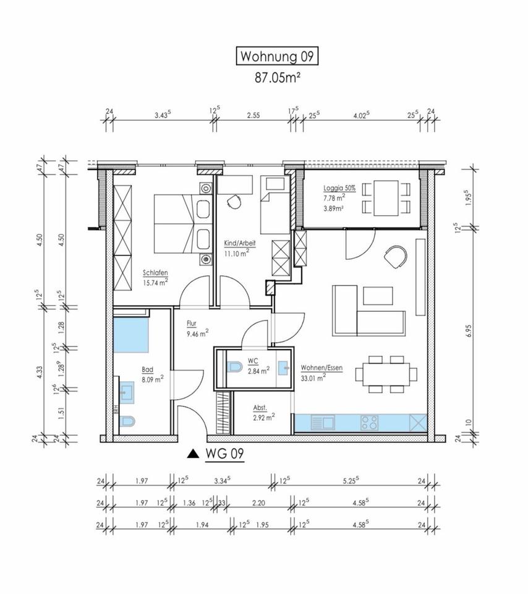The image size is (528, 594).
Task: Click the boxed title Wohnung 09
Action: (277, 56)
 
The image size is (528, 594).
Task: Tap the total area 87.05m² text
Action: (278, 78)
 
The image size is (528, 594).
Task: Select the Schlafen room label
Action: (155, 272)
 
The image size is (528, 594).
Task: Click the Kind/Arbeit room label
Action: (240, 243)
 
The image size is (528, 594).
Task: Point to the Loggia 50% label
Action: (339, 188)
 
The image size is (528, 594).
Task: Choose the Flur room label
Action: (192, 324)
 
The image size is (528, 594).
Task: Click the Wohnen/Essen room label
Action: (321, 368)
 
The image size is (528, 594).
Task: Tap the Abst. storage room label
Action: (260, 408)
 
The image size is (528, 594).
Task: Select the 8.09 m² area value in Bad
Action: (153, 379)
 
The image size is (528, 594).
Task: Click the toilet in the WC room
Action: (235, 367)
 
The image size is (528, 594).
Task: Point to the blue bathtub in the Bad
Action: (131, 335)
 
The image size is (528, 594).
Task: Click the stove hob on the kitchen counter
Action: (369, 423)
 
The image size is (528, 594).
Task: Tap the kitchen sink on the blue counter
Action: (323, 423)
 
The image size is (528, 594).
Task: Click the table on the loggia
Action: (386, 198)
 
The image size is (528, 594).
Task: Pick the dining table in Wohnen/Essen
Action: (386, 374)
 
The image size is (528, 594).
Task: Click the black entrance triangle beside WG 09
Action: (193, 454)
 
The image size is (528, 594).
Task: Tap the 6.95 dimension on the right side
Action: (469, 330)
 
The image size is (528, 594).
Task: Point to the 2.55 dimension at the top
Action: (253, 116)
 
